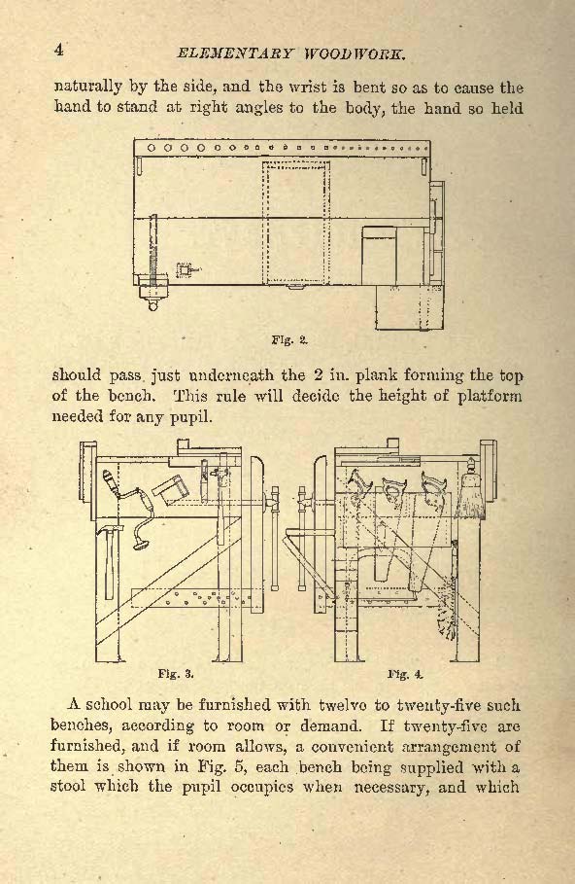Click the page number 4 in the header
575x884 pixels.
coord(58,50)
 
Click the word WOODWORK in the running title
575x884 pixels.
coord(355,54)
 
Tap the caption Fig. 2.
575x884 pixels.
coord(289,340)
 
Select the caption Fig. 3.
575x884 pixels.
coord(176,673)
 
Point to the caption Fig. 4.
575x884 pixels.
coord(405,674)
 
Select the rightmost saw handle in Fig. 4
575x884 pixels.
coord(432,486)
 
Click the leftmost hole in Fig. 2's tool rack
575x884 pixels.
coord(151,148)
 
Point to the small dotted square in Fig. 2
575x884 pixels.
coord(183,270)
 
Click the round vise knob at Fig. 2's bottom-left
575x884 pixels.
coord(152,305)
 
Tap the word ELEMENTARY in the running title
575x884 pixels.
coord(235,54)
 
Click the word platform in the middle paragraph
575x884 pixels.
coord(489,396)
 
